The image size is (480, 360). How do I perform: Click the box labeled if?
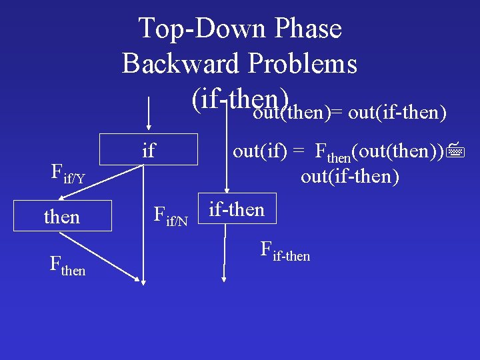coord(149,149)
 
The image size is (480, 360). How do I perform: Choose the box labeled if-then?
coord(237,209)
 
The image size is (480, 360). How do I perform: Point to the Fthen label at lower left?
coord(67,265)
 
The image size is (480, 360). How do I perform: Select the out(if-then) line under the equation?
coord(350,177)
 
